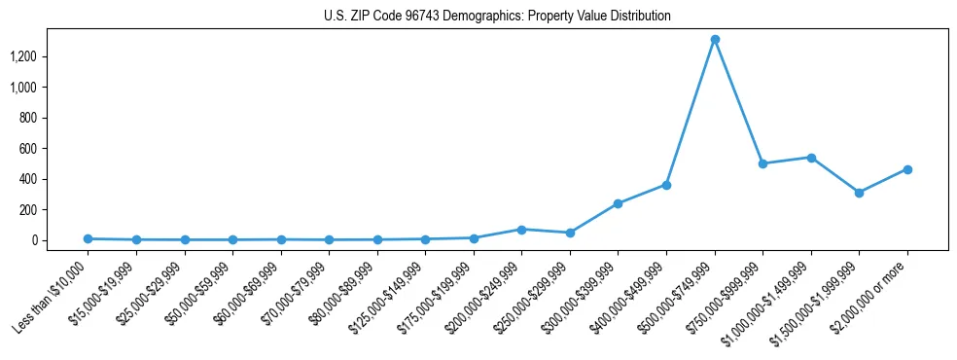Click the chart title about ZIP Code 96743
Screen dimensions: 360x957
(x=497, y=17)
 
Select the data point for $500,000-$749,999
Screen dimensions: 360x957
(x=715, y=40)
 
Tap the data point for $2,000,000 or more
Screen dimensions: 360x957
(x=907, y=169)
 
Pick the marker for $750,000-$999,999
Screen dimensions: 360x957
(x=762, y=163)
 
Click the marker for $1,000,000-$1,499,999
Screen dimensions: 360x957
(x=811, y=158)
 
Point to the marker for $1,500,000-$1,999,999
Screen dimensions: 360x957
(x=859, y=193)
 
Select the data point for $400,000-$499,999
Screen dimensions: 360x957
(x=666, y=185)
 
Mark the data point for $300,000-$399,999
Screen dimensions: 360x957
(x=618, y=203)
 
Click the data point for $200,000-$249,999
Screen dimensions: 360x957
(x=521, y=230)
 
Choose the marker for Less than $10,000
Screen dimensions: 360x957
(x=88, y=238)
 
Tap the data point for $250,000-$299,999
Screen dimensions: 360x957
(x=570, y=233)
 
